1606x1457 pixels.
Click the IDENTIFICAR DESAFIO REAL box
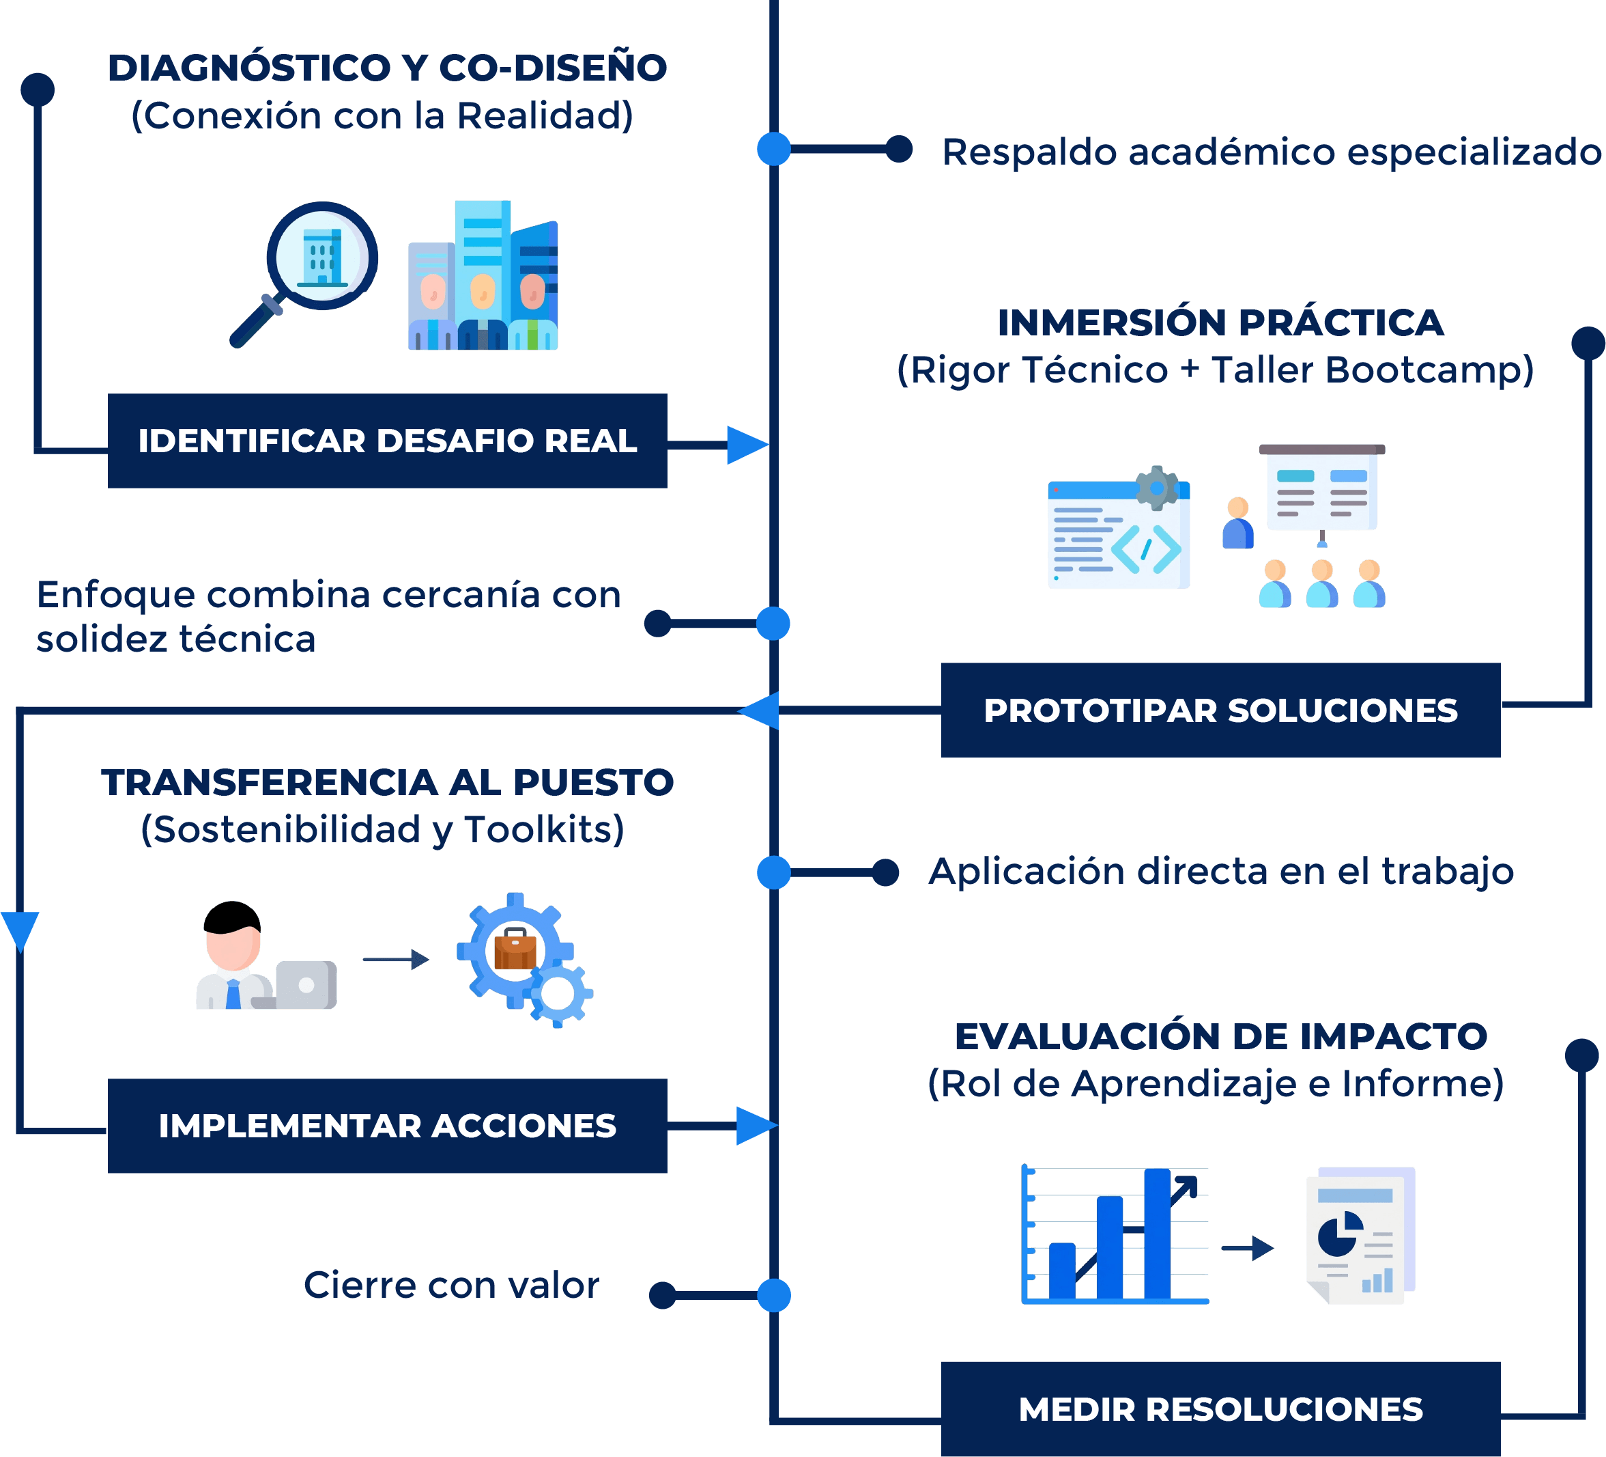pos(387,441)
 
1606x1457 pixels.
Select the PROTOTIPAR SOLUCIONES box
pos(1220,710)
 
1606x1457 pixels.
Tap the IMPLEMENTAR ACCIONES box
pos(387,1126)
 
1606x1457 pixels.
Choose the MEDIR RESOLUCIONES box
pos(1220,1409)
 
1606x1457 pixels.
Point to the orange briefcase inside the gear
pos(515,949)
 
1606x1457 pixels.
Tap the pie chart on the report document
pos(1340,1234)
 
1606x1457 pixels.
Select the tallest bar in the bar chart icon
pos(1157,1234)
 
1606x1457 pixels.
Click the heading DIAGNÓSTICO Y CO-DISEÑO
pos(387,68)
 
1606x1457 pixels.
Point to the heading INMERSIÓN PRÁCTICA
pos(1220,323)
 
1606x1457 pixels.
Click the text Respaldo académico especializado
pos(1272,152)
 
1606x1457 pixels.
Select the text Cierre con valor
pos(451,1286)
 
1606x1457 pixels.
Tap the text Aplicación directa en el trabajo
pos(1220,871)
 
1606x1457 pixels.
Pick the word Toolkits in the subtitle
pos(543,830)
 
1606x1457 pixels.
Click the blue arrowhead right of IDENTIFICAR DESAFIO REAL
pos(747,445)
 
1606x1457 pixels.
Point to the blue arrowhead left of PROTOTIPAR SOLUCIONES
pos(758,710)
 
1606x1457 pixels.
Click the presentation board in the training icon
pos(1321,487)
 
